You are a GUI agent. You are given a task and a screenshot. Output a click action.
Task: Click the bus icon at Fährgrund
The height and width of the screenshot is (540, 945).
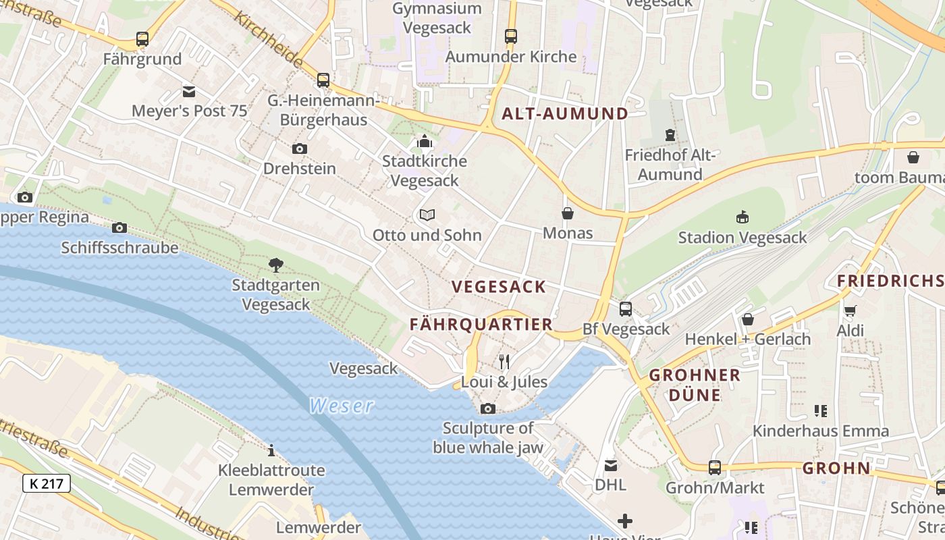pyautogui.click(x=142, y=39)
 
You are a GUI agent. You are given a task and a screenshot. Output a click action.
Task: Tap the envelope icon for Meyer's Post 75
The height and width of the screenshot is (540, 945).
pyautogui.click(x=189, y=91)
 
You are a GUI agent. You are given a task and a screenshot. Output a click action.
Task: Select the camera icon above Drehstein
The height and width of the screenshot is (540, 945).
pyautogui.click(x=299, y=148)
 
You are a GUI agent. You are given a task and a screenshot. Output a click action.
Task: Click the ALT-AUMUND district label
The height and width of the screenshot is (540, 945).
pyautogui.click(x=564, y=113)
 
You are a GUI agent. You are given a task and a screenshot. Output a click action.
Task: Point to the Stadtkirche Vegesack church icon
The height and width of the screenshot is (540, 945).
pyautogui.click(x=425, y=142)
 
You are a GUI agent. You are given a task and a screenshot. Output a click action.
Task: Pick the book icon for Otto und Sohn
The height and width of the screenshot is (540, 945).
pyautogui.click(x=427, y=215)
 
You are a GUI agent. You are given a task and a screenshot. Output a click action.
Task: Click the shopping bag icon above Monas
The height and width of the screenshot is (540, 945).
pyautogui.click(x=568, y=213)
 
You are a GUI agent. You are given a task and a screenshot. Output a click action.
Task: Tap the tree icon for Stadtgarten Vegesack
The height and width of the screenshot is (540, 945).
pyautogui.click(x=275, y=265)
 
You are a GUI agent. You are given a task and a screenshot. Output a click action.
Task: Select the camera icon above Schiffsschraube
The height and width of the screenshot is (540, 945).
pyautogui.click(x=119, y=227)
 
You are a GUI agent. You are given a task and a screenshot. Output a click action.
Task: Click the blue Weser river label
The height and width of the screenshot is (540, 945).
pyautogui.click(x=341, y=406)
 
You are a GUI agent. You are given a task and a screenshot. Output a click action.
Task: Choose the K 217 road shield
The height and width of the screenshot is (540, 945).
pyautogui.click(x=47, y=483)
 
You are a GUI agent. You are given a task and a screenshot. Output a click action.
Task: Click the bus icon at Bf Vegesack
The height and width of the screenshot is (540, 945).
pyautogui.click(x=626, y=309)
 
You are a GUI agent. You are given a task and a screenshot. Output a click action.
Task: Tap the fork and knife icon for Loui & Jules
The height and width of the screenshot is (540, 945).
pyautogui.click(x=504, y=362)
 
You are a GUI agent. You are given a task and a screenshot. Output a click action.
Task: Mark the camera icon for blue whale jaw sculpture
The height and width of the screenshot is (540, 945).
pyautogui.click(x=487, y=408)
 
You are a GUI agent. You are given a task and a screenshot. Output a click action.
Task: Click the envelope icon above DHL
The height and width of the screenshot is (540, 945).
pyautogui.click(x=610, y=465)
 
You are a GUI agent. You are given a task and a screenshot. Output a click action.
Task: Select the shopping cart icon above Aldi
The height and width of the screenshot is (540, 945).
pyautogui.click(x=850, y=310)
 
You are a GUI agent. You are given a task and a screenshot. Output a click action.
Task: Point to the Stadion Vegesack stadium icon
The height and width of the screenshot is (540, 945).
pyautogui.click(x=742, y=217)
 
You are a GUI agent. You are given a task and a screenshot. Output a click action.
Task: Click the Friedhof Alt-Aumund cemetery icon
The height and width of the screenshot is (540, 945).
pyautogui.click(x=670, y=135)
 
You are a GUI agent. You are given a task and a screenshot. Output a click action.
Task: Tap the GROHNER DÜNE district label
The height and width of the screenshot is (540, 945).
pyautogui.click(x=695, y=385)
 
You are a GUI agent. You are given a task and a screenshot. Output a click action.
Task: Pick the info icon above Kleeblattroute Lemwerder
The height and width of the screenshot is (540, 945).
pyautogui.click(x=271, y=450)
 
